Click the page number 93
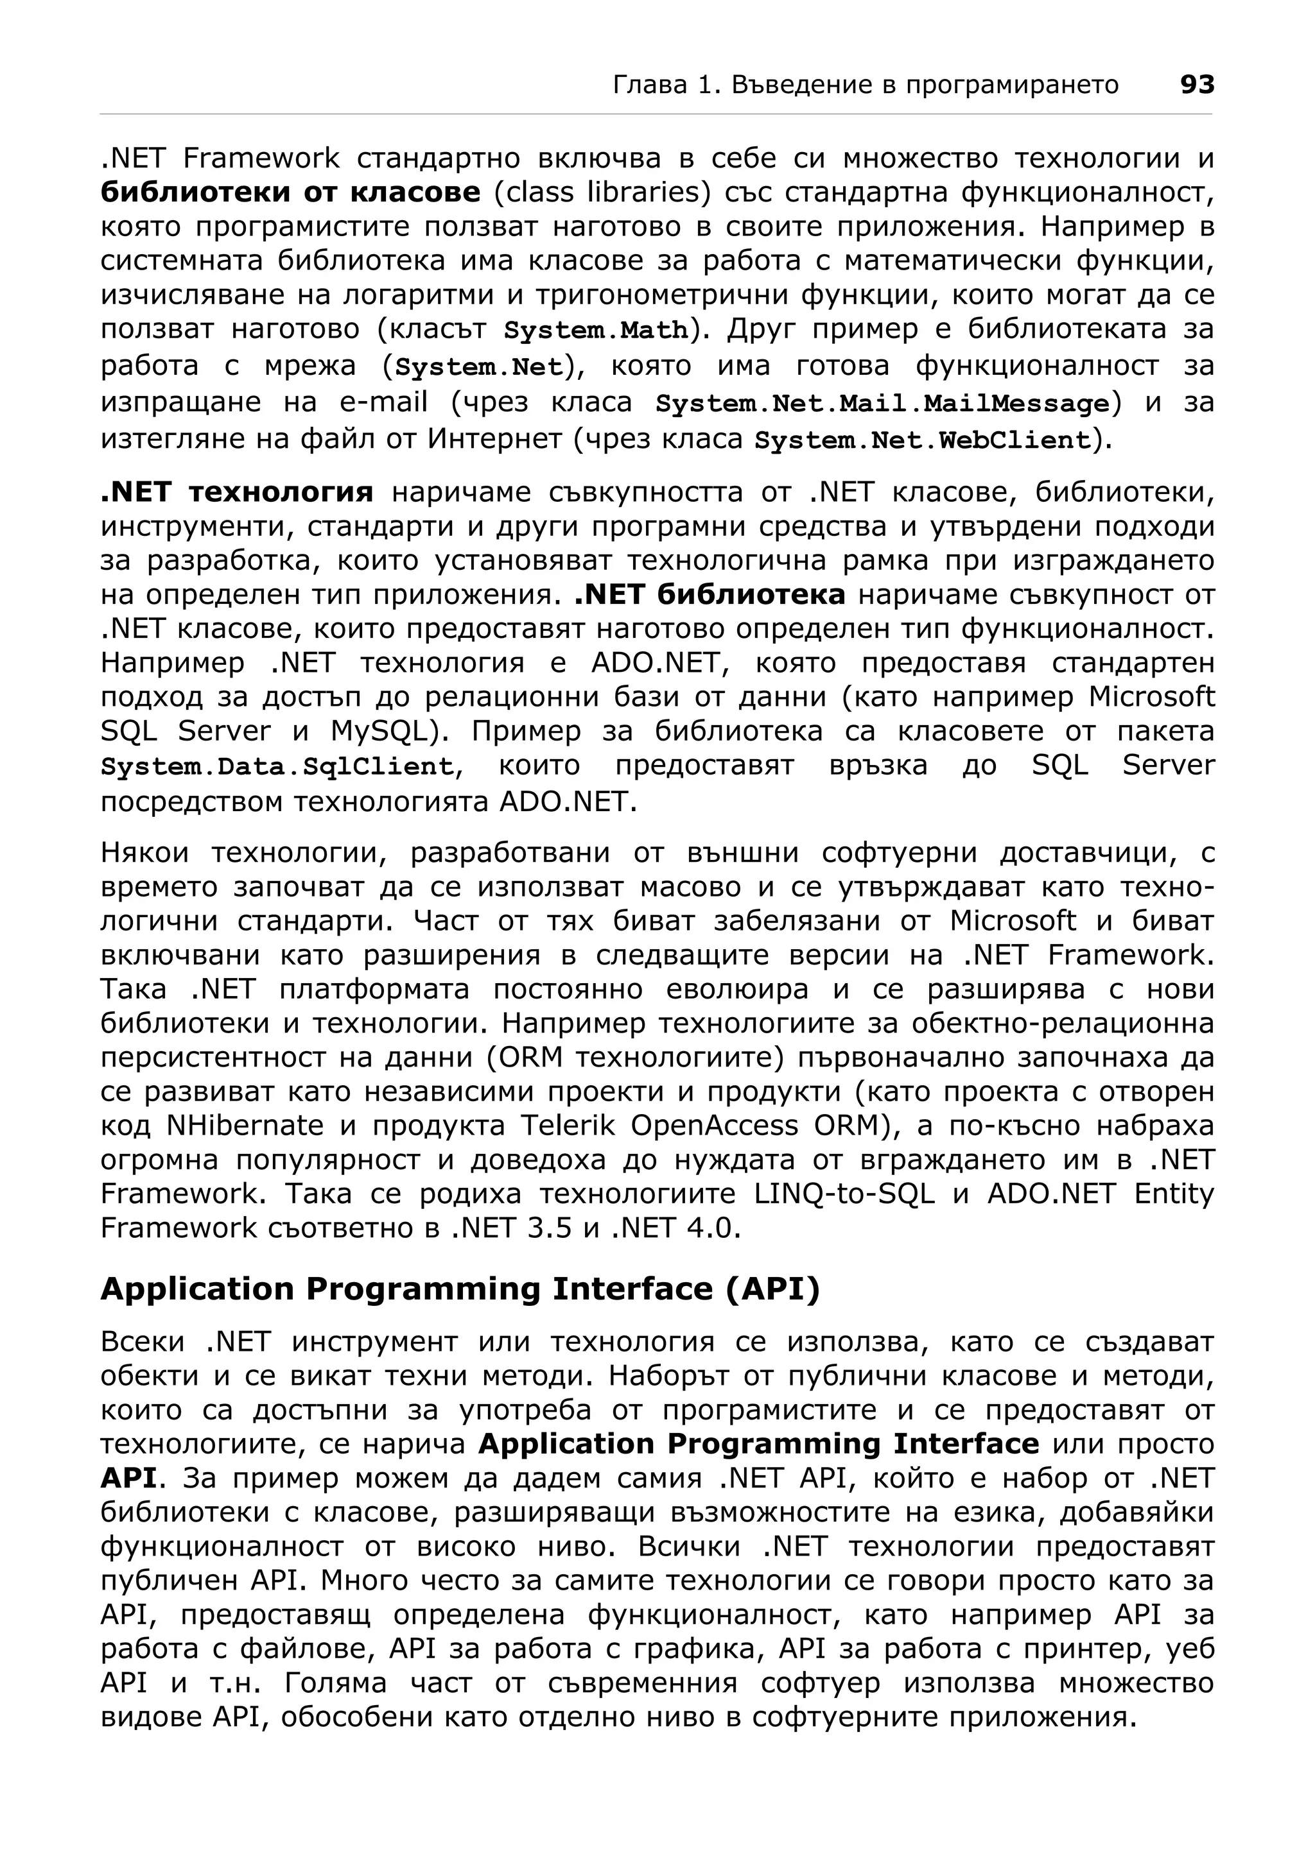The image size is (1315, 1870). coord(1197,85)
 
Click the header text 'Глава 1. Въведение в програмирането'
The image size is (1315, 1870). coord(866,85)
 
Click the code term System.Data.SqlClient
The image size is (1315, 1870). coord(277,766)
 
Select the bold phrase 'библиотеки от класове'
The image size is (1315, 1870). coord(290,193)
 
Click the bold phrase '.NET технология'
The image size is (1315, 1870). coord(236,493)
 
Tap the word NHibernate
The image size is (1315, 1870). coord(245,1126)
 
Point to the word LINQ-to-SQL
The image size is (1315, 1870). coord(844,1194)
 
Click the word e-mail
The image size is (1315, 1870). coord(383,402)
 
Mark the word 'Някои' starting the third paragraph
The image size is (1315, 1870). coord(145,853)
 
